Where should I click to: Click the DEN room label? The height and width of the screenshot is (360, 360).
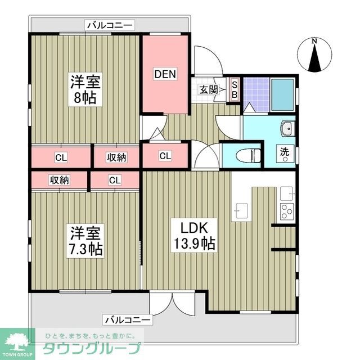click(x=166, y=73)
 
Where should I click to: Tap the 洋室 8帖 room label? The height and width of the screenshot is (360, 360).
click(x=85, y=89)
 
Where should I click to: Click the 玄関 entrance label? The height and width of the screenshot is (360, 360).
click(x=208, y=89)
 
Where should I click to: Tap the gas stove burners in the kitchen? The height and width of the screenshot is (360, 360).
click(x=286, y=212)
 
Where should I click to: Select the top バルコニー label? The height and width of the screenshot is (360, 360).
click(x=110, y=25)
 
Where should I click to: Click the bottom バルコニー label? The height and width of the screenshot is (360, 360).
click(x=128, y=319)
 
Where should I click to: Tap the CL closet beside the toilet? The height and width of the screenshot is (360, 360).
click(x=165, y=155)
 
